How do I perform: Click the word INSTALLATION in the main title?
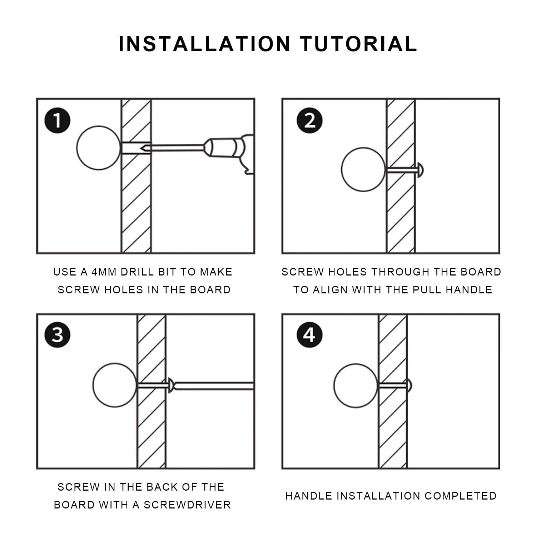[x=204, y=44]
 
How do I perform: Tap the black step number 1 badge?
[x=58, y=121]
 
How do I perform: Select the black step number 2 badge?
[x=309, y=121]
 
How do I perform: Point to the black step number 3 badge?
[x=58, y=335]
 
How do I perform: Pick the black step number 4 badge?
[x=309, y=335]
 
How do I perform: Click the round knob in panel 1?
[x=99, y=148]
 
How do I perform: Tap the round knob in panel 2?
[x=363, y=170]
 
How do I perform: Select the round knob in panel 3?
[x=115, y=385]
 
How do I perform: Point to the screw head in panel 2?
[x=420, y=170]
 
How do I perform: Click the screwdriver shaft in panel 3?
[x=214, y=386]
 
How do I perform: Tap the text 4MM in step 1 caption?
[x=104, y=272]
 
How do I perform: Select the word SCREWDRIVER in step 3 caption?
[x=187, y=505]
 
